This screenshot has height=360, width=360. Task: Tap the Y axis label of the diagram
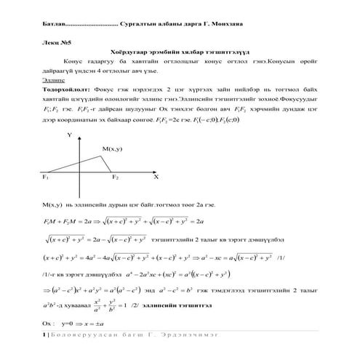70,135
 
